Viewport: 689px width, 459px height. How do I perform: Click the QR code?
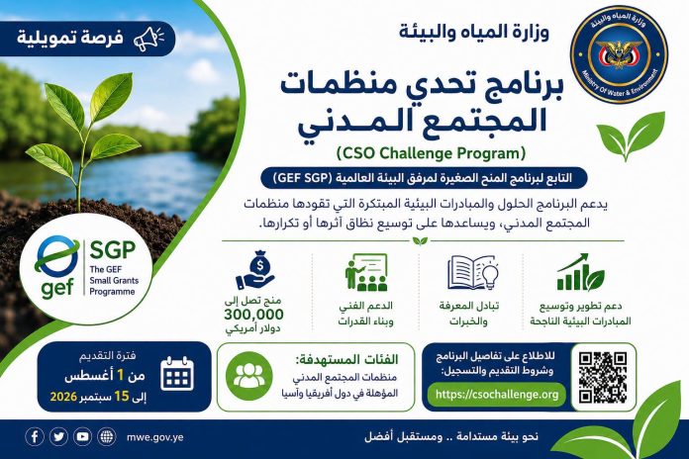point(603,377)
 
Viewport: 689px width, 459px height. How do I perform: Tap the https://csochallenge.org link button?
point(497,394)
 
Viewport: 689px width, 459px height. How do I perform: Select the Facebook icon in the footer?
point(35,436)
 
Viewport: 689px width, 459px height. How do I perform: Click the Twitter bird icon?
point(58,436)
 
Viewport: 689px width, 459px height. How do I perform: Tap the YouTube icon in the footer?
point(82,436)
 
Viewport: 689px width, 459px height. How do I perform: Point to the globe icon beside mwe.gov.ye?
point(106,436)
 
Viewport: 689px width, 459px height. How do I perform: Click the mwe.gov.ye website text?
point(154,437)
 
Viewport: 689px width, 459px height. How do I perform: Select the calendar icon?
point(177,374)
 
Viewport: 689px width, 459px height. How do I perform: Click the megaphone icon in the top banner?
point(148,39)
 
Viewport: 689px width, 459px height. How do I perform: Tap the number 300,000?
point(253,315)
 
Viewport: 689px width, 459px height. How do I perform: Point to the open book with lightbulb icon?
point(473,273)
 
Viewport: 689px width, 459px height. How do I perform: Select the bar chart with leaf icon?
point(580,272)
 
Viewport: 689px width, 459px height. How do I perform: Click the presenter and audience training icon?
point(366,272)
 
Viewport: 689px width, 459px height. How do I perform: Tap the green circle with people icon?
point(249,376)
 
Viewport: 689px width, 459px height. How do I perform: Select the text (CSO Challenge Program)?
point(431,153)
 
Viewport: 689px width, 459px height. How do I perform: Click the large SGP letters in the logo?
point(113,250)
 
